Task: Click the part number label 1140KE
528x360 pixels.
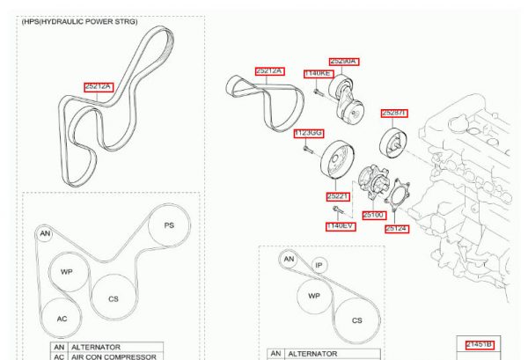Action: (x=318, y=75)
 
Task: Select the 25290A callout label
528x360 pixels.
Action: (x=344, y=62)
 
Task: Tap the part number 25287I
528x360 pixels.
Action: (x=393, y=113)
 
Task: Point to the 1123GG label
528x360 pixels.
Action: (x=308, y=133)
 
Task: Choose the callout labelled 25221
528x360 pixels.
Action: (x=339, y=196)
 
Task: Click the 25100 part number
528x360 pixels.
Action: (x=373, y=213)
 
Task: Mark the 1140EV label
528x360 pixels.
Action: (x=341, y=226)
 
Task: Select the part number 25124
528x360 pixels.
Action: (x=397, y=228)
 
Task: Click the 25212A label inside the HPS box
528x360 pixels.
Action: (x=99, y=86)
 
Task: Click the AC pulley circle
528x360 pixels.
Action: (x=62, y=318)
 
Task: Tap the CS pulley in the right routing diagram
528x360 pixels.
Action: (x=356, y=320)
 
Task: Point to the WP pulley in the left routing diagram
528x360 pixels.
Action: (x=67, y=272)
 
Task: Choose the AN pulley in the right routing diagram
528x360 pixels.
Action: (x=289, y=259)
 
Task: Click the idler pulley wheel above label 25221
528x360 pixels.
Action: (x=339, y=161)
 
